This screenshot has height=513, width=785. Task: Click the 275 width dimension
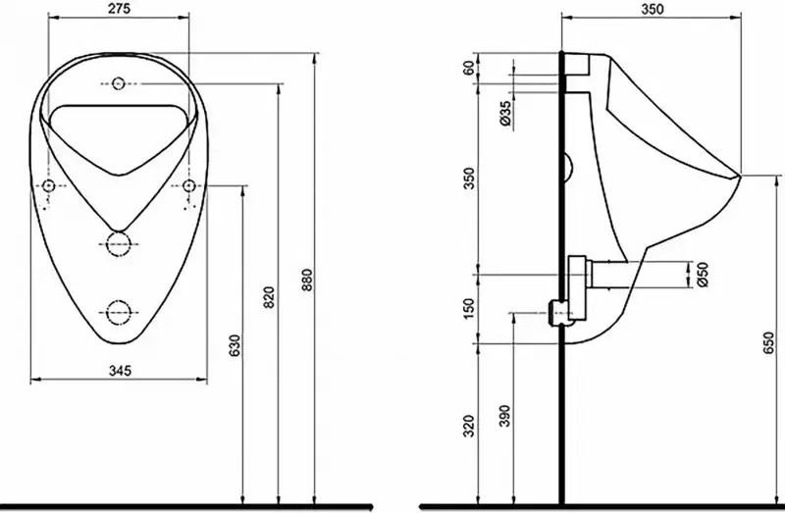pyautogui.click(x=119, y=9)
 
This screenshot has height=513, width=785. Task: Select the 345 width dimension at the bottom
pyautogui.click(x=120, y=371)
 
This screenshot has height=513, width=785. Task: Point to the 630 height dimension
pyautogui.click(x=235, y=345)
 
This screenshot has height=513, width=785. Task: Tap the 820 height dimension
pyautogui.click(x=270, y=297)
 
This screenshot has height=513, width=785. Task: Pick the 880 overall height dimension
pyautogui.click(x=306, y=281)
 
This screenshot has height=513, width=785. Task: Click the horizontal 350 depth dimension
pyautogui.click(x=653, y=9)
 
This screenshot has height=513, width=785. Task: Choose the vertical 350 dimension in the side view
pyautogui.click(x=469, y=179)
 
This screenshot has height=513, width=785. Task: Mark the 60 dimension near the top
pyautogui.click(x=469, y=68)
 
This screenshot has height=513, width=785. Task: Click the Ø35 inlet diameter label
pyautogui.click(x=505, y=113)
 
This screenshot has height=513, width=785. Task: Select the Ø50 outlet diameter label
pyautogui.click(x=703, y=275)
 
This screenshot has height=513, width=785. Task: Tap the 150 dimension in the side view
pyautogui.click(x=469, y=309)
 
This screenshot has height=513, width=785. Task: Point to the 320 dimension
pyautogui.click(x=469, y=426)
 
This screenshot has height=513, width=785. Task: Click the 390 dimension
pyautogui.click(x=504, y=416)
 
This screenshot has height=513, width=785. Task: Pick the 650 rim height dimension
pyautogui.click(x=769, y=343)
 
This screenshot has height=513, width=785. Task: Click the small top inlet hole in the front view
pyautogui.click(x=118, y=83)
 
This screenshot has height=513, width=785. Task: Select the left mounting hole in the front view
pyautogui.click(x=48, y=186)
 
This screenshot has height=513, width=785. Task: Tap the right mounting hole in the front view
pyautogui.click(x=188, y=186)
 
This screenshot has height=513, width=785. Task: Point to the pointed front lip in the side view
pyautogui.click(x=739, y=176)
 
